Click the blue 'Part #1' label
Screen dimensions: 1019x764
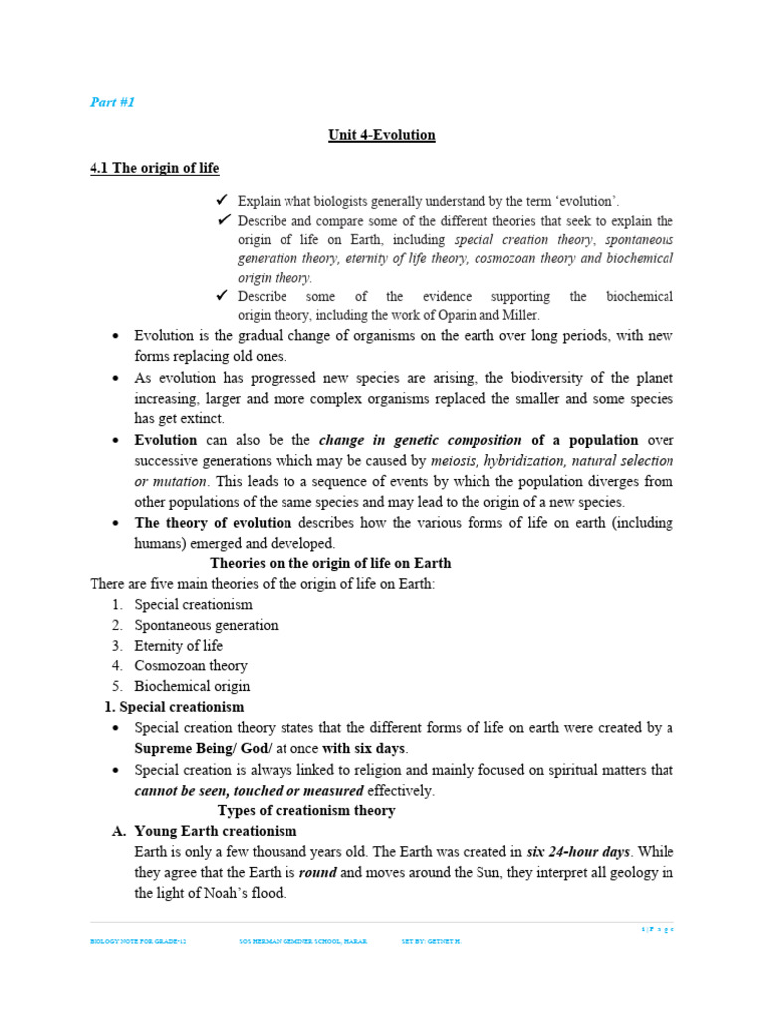coord(111,102)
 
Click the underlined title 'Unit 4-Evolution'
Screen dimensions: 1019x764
coord(382,135)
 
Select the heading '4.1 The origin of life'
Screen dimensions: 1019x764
coord(154,168)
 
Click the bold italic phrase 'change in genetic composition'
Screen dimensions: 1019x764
coord(420,440)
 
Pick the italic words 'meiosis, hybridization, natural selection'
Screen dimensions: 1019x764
coord(552,461)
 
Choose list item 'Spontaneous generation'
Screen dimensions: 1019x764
coord(206,625)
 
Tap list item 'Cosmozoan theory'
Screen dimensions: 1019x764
coord(191,666)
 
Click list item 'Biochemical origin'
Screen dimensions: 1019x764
coord(192,686)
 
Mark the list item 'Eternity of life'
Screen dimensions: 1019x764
coord(178,646)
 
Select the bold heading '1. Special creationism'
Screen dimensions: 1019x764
coord(174,707)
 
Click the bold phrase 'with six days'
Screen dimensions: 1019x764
coord(364,748)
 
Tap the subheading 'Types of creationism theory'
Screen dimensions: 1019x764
coord(306,811)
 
